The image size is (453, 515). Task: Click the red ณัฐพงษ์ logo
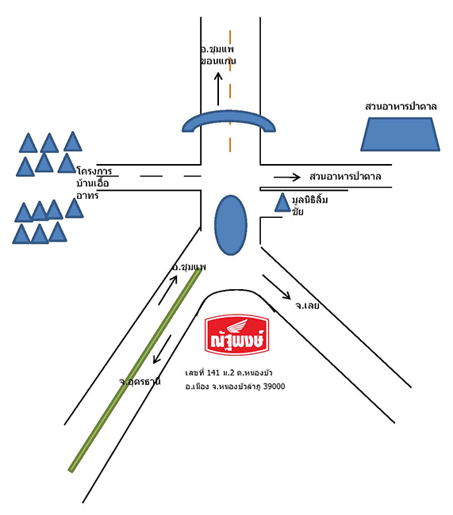pos(237,334)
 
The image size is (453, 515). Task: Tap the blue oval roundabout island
pos(230,225)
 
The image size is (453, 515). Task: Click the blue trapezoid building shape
pos(400,135)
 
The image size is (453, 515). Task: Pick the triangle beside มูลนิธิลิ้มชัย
pos(282,202)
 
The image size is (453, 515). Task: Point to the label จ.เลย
pos(307,306)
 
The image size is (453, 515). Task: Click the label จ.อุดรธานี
pos(140,382)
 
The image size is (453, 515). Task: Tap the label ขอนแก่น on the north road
pos(218,61)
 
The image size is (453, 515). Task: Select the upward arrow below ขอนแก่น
pos(218,89)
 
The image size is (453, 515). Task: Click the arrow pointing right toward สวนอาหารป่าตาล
pos(287,177)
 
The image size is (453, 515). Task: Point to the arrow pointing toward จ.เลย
pos(276,287)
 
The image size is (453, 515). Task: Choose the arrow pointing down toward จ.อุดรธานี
pos(162,349)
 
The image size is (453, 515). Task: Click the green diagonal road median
pos(135,370)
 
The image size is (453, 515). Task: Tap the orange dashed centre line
pos(230,91)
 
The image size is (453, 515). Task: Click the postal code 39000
pos(274,387)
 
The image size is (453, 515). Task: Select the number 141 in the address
pos(213,373)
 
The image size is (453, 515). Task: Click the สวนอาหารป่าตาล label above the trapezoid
pos(401,107)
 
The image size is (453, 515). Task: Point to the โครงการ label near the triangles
pos(94,171)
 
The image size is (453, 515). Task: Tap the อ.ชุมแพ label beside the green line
pos(189,267)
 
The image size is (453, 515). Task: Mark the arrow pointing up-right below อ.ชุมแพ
pos(167,290)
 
